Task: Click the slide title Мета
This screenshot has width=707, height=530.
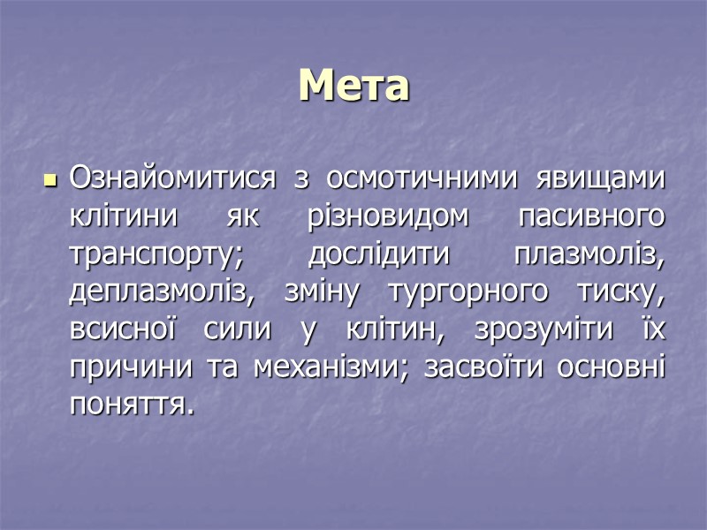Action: pyautogui.click(x=353, y=86)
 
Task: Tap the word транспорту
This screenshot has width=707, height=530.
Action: pyautogui.click(x=155, y=254)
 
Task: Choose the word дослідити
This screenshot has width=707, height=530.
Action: pyautogui.click(x=379, y=254)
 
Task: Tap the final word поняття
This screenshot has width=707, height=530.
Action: pyautogui.click(x=131, y=405)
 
